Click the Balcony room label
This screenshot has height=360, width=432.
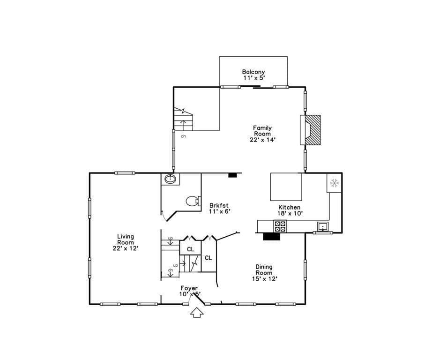(x=253, y=72)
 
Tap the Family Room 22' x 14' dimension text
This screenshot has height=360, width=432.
(x=263, y=140)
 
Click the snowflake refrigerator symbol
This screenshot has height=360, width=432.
(x=334, y=183)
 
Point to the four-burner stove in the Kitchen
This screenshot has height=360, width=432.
(x=280, y=226)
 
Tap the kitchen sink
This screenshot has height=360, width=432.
(x=323, y=226)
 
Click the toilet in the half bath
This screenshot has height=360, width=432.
(x=194, y=201)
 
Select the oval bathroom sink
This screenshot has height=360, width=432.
(x=171, y=179)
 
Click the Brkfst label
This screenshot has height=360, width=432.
(x=219, y=205)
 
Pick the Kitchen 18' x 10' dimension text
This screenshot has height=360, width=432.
(x=290, y=213)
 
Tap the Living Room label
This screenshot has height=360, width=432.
(x=126, y=239)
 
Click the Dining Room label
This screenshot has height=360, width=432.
(x=264, y=270)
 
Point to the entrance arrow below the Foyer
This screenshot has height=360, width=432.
(x=197, y=313)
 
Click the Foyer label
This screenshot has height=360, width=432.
(x=189, y=288)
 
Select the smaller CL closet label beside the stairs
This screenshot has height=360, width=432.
(x=190, y=249)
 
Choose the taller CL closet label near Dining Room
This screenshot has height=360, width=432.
(x=209, y=258)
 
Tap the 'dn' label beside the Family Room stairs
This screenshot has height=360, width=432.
(x=183, y=136)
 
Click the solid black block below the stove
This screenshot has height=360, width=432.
(x=272, y=237)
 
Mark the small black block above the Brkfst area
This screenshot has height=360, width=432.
(x=233, y=175)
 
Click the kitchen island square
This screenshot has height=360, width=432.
(x=286, y=187)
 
